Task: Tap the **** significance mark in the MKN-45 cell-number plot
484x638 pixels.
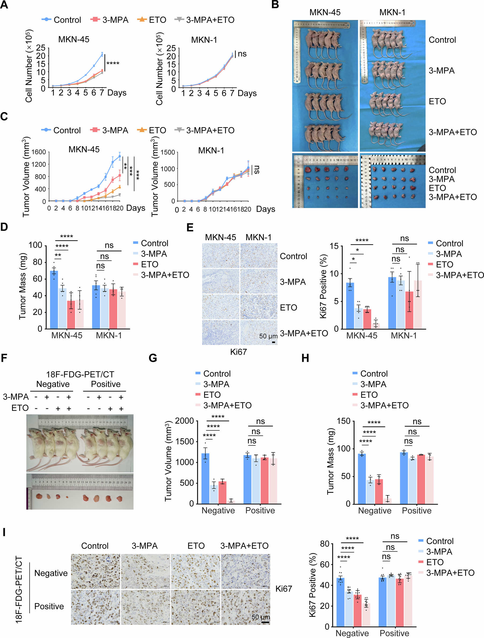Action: point(113,63)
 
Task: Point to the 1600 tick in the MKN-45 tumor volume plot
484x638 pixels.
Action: point(39,152)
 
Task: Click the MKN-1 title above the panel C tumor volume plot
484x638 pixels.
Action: point(211,150)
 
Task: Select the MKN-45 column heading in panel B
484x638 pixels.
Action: point(325,12)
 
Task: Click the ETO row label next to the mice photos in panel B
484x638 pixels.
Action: point(437,101)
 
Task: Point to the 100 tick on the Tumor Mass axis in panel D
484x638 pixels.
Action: point(35,245)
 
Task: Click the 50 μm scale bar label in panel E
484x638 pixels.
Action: point(268,336)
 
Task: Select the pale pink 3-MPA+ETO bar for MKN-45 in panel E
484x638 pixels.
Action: point(375,326)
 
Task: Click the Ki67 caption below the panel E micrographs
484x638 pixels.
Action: point(238,352)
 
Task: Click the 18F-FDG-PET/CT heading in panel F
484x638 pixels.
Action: point(80,374)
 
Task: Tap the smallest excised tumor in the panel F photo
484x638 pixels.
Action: point(67,497)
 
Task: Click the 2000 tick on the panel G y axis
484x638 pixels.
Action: point(184,421)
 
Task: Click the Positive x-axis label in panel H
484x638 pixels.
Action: point(416,511)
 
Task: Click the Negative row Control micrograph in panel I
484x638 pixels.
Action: point(95,571)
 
